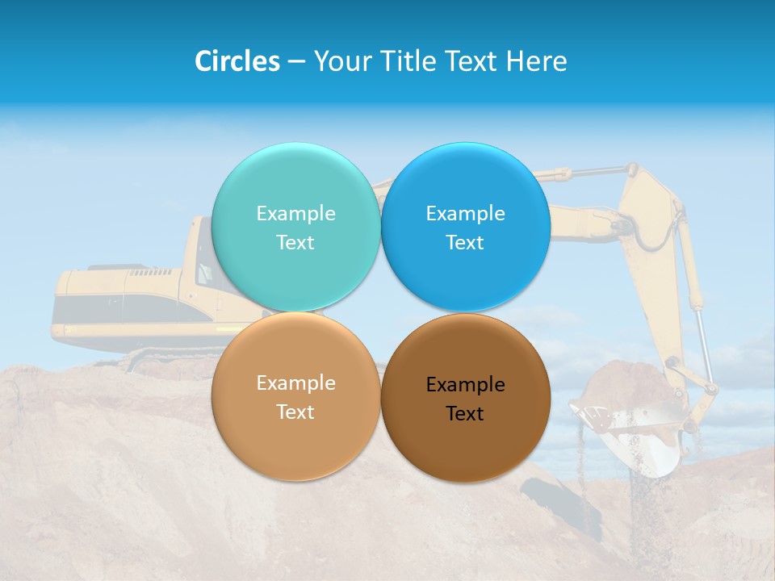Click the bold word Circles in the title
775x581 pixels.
pos(237,61)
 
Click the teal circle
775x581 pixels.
pos(295,186)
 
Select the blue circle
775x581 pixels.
pos(465,186)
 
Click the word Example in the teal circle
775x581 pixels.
pos(295,214)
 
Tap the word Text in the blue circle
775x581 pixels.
pos(465,243)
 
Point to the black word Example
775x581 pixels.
pos(465,385)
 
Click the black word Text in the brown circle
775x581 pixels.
pos(465,414)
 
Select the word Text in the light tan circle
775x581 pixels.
pos(295,412)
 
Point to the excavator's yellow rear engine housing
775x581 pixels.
pos(121,303)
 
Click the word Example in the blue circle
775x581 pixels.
pos(465,214)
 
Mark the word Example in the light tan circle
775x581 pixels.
pos(295,383)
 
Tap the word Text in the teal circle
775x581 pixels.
pos(295,243)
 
